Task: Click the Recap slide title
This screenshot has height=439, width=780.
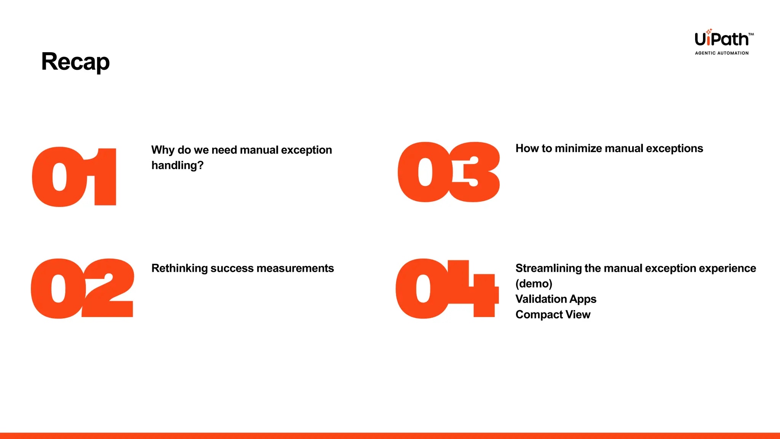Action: pos(75,62)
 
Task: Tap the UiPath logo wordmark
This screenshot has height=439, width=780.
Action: pos(721,39)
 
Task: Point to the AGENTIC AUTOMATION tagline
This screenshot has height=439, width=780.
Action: pos(722,53)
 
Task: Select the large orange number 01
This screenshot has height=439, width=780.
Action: pos(75,177)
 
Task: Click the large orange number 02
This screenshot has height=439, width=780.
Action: pos(82,288)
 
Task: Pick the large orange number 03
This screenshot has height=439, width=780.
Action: pos(449,172)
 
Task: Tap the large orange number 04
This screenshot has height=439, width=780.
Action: pos(447,288)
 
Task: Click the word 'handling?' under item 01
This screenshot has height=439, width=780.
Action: pos(177,165)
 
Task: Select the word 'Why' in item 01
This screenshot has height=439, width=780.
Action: pos(163,150)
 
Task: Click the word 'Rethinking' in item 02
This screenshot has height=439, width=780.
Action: pos(179,268)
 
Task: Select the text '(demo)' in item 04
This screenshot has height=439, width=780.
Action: pos(534,284)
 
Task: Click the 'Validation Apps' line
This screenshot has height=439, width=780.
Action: pos(556,299)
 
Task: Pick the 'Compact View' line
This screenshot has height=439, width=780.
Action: pos(553,315)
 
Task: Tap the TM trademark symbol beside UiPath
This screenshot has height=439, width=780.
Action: pos(751,34)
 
